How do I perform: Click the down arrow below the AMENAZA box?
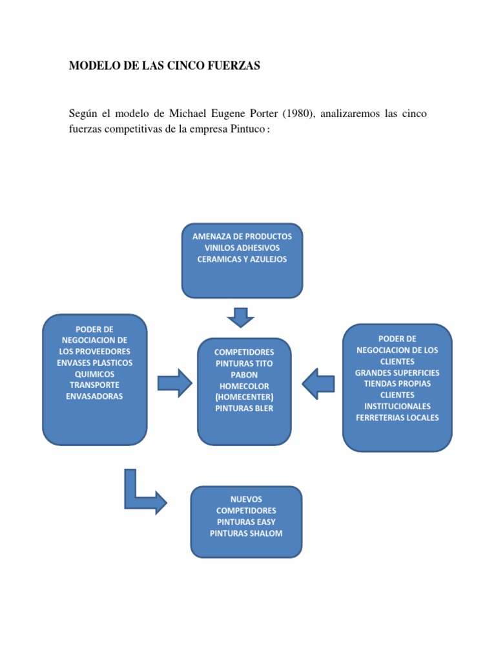(x=242, y=317)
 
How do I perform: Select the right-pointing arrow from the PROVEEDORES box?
(x=174, y=384)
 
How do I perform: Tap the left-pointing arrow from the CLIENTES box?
(x=318, y=384)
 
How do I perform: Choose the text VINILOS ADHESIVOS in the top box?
(x=242, y=248)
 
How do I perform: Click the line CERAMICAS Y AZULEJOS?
(x=242, y=259)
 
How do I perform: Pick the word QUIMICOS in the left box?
(x=94, y=374)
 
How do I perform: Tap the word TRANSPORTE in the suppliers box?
(x=94, y=385)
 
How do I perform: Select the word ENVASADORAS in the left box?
(x=94, y=396)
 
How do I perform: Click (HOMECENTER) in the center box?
(x=244, y=396)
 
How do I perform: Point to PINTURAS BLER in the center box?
(x=244, y=408)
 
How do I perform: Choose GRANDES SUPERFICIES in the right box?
(x=397, y=372)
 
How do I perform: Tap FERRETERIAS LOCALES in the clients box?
(x=397, y=418)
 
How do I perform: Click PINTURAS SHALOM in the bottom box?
(x=246, y=533)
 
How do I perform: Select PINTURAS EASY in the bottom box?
(x=246, y=522)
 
